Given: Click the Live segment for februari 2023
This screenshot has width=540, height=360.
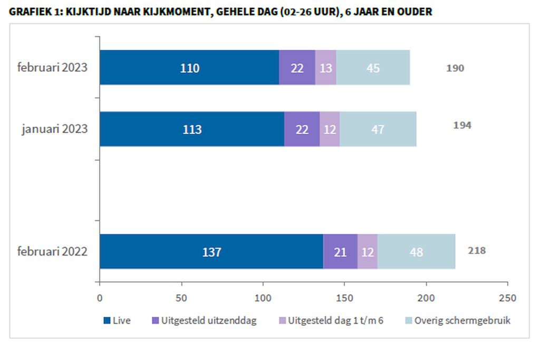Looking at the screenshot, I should [189, 67].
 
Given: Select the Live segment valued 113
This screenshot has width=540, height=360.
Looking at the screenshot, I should [192, 129].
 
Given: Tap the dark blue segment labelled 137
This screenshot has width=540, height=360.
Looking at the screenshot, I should [211, 251].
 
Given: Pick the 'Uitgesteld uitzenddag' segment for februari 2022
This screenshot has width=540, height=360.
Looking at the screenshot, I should [340, 251].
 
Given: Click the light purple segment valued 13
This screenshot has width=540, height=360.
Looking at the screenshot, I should [325, 67].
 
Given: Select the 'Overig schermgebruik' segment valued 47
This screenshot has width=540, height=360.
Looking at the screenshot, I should [378, 129].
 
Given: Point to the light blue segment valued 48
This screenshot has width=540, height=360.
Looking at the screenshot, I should [416, 251].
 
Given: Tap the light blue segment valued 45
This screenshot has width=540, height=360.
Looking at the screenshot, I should [373, 67].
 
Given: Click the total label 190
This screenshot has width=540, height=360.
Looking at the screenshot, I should [455, 68].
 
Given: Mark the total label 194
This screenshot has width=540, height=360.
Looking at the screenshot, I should [462, 125].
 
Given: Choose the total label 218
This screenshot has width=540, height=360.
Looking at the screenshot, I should [477, 250].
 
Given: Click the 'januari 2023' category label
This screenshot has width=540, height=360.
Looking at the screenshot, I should [54, 129].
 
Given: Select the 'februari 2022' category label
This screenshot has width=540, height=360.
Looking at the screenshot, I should [52, 251].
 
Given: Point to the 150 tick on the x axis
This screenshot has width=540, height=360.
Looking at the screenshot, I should [344, 298].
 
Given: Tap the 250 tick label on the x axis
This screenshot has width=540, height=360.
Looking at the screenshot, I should [508, 298].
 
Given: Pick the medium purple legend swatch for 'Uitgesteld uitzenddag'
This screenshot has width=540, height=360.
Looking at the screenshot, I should [155, 320].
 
